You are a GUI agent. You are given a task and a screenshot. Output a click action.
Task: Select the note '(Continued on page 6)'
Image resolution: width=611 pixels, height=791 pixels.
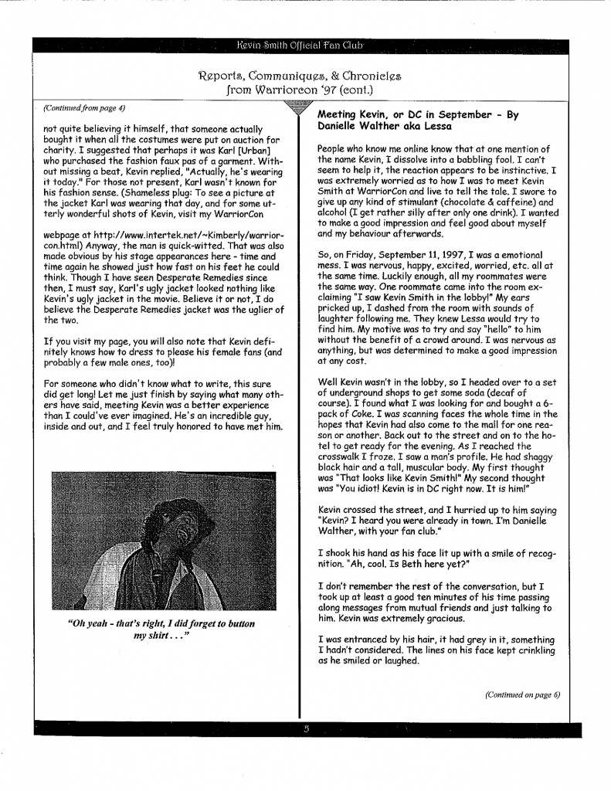522,694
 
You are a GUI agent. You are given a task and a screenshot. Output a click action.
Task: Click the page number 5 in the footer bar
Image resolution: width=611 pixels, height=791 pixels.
307,728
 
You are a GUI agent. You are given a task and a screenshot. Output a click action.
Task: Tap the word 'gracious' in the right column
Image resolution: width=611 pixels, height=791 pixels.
448,620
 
